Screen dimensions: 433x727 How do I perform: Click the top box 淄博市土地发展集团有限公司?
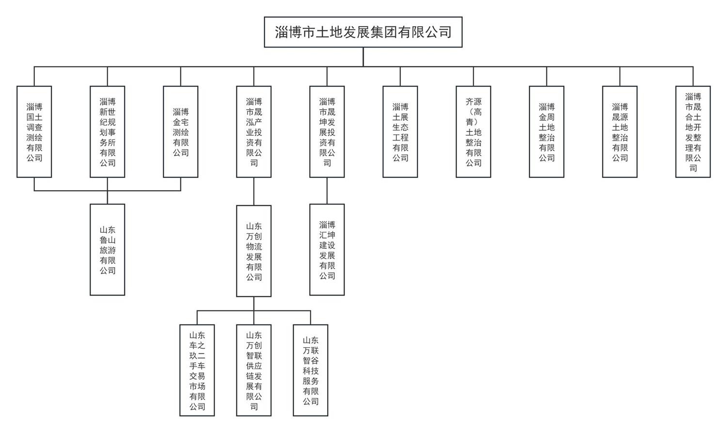[x=363, y=32]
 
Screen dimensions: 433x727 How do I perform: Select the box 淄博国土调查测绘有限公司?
[x=34, y=132]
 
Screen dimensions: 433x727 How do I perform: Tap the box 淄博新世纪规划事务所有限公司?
[x=108, y=132]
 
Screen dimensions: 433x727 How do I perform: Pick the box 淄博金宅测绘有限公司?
[x=181, y=132]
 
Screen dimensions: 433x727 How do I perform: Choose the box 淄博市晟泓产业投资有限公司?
[x=254, y=132]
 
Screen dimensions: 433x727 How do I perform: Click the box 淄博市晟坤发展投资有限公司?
[x=327, y=132]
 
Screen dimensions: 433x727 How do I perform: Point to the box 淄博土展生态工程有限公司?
[x=400, y=132]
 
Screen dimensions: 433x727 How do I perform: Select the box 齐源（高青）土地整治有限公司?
[x=474, y=132]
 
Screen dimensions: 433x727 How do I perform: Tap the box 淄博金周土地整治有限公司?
[x=547, y=132]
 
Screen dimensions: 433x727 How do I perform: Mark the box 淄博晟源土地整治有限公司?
[x=620, y=132]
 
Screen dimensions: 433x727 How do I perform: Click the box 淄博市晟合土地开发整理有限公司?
[x=693, y=132]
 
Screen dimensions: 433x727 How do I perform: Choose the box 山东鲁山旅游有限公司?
[x=108, y=250]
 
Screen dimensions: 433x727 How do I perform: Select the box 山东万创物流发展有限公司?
[x=254, y=251]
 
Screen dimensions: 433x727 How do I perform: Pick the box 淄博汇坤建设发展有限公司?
[x=327, y=250]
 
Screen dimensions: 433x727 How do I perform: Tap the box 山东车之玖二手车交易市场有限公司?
[x=197, y=370]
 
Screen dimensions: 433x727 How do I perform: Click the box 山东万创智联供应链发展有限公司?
[x=254, y=370]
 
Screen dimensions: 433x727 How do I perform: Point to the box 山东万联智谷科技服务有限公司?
[x=311, y=370]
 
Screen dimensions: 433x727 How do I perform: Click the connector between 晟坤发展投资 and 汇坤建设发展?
[x=327, y=191]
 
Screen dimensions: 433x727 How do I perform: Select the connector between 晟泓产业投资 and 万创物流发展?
[x=254, y=192]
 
